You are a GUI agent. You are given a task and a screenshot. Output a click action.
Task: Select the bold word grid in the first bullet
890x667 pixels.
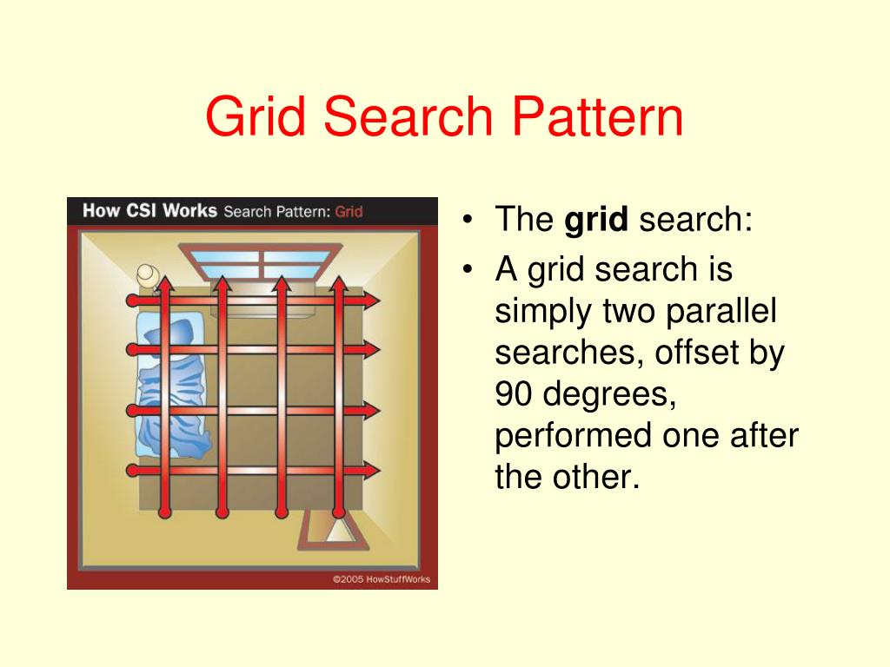pos(595,221)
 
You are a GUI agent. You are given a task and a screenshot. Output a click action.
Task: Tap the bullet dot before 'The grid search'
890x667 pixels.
pos(469,221)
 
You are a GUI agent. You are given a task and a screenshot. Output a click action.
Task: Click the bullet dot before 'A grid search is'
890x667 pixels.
pos(469,270)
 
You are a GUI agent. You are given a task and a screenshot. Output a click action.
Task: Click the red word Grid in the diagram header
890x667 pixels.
pos(349,212)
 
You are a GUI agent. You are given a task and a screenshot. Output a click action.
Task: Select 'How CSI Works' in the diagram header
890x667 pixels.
pos(149,211)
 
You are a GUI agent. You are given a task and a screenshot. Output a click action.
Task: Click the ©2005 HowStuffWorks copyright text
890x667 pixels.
pos(380,579)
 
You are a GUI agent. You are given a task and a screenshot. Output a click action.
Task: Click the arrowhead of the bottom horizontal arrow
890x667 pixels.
pos(372,471)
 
